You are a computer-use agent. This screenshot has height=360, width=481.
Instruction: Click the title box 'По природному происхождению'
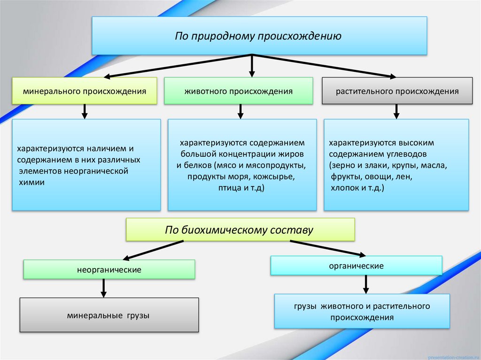[x=259, y=36]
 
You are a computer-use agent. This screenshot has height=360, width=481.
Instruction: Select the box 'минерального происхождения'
[x=85, y=91]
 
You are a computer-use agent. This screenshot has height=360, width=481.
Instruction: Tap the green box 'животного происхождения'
[x=238, y=91]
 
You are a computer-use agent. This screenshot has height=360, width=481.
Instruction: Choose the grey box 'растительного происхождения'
[x=397, y=91]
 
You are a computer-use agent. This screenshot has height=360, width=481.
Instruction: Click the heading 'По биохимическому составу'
[x=239, y=230]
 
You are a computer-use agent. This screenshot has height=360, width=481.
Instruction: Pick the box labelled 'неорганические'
[x=109, y=270]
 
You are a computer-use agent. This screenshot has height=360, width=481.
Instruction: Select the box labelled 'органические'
[x=356, y=266]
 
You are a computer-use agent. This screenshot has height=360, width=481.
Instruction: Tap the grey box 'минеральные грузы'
[x=109, y=315]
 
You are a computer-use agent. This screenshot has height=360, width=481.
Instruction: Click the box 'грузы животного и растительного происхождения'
[x=362, y=311]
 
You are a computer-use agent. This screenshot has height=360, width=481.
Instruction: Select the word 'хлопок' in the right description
[x=341, y=188]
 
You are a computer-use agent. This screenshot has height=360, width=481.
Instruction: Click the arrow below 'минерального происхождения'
[x=85, y=111]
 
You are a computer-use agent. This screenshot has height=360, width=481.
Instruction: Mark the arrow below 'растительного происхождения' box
[x=396, y=111]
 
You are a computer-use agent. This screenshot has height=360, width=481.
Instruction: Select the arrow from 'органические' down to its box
[x=366, y=284]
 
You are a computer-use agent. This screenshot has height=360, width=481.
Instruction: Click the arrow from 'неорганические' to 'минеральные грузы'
[x=104, y=288]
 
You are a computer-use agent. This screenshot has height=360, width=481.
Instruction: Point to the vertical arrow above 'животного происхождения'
[x=252, y=65]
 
